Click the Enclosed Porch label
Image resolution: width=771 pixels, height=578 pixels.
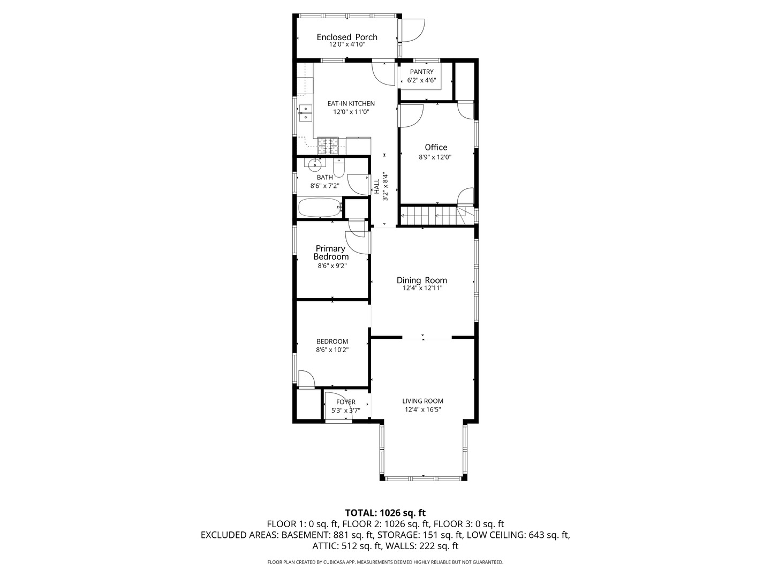point(347,37)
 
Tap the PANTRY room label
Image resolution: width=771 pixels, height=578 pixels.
point(421,72)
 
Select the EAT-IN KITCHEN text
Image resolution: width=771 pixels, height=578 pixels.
point(351,103)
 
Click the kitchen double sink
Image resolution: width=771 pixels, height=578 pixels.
point(60,113)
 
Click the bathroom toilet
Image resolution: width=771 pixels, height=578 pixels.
point(339,168)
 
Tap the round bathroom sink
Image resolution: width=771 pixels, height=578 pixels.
point(69,164)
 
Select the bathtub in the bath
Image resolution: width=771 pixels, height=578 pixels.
point(320,208)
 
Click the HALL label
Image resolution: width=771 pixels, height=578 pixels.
point(377,186)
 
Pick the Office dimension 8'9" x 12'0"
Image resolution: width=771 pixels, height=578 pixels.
point(435,157)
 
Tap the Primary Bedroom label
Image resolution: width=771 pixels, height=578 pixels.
point(331,252)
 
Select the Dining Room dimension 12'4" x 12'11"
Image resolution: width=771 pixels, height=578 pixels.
point(422,288)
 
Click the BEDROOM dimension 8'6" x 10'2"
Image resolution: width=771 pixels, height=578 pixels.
point(332,349)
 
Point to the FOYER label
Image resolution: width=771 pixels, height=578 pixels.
point(346,402)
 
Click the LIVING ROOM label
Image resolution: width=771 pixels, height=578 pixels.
point(422,401)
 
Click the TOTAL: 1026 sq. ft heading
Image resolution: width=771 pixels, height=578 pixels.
point(385,513)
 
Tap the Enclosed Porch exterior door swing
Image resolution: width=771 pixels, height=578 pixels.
point(413,31)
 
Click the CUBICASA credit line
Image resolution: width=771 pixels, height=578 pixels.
point(385,562)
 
